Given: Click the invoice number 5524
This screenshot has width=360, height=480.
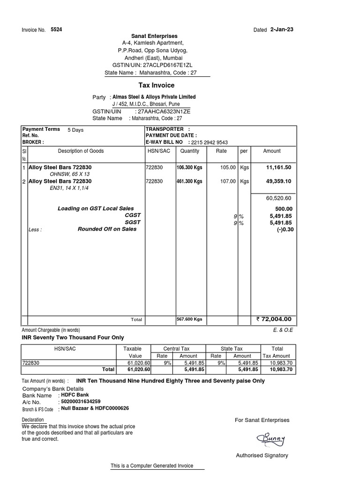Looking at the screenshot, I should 56,29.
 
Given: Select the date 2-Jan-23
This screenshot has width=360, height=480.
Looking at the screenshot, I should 282,29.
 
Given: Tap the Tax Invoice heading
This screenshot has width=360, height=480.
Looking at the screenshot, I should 157,85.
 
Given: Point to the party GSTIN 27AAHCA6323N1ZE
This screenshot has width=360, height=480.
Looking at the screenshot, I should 164,112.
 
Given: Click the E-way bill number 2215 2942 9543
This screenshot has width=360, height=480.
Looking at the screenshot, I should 210,142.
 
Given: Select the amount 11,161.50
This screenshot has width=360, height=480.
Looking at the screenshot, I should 278,167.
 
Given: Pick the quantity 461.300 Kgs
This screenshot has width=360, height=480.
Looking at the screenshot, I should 189,181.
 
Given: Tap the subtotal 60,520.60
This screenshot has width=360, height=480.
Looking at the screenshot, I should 279,199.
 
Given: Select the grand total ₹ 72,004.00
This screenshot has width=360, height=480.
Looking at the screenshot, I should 274,319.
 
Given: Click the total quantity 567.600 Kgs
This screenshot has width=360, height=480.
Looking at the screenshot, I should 189,319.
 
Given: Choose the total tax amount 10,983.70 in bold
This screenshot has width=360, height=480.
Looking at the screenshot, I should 280,369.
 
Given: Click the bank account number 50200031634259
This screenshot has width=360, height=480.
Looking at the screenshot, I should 81,402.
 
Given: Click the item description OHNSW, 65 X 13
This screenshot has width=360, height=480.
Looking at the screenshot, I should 69,174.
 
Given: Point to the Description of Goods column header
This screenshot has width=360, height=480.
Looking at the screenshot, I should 81,151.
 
